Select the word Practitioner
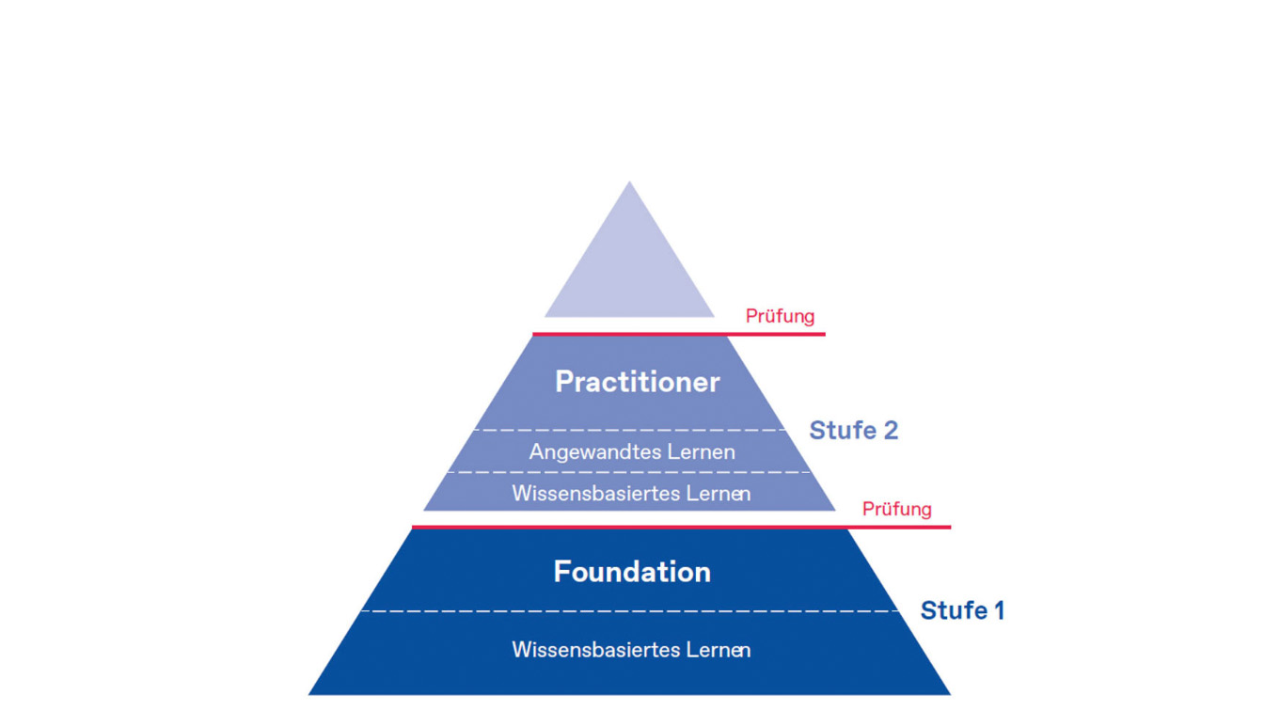[637, 382]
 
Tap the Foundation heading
[631, 572]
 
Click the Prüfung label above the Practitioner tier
[780, 316]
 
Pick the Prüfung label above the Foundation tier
[896, 509]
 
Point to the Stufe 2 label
[853, 431]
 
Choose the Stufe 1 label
[962, 610]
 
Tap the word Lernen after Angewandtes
[701, 452]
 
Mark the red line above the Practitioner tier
[678, 334]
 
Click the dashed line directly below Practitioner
[629, 431]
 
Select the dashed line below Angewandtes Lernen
[629, 472]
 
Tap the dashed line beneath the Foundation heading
[629, 611]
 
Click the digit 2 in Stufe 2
[889, 431]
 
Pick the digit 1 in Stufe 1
[999, 610]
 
